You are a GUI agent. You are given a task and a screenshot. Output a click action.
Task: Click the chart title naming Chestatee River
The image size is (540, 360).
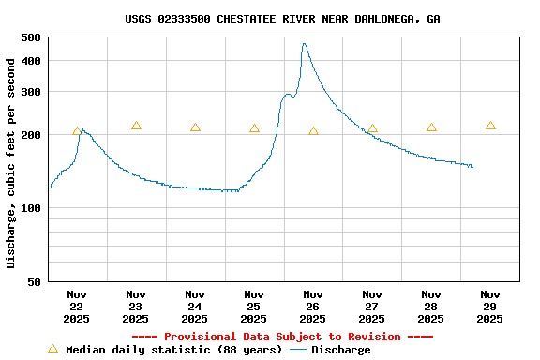pyautogui.click(x=282, y=19)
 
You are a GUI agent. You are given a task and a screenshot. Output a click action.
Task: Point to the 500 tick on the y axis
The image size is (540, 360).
pyautogui.click(x=30, y=37)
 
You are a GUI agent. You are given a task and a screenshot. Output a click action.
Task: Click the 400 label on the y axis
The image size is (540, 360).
pyautogui.click(x=30, y=61)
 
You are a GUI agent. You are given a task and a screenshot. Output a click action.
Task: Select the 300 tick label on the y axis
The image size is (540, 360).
pyautogui.click(x=30, y=92)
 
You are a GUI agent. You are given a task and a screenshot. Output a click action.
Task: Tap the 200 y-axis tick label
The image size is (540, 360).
pyautogui.click(x=30, y=135)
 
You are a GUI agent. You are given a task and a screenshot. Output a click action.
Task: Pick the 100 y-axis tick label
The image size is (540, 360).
pyautogui.click(x=30, y=208)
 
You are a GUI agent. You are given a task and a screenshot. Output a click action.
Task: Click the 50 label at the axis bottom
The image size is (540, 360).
pyautogui.click(x=34, y=281)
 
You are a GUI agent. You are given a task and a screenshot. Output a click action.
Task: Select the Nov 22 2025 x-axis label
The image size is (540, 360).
pyautogui.click(x=77, y=307)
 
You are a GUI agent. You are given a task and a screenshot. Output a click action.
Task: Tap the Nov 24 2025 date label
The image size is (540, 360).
pyautogui.click(x=195, y=307)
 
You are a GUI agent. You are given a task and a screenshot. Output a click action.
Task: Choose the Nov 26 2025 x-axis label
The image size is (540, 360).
pyautogui.click(x=313, y=307)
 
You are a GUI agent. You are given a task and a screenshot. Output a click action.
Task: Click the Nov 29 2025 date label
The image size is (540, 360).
pyautogui.click(x=490, y=307)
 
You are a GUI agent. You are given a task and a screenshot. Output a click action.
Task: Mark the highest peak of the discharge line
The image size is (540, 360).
pyautogui.click(x=304, y=43)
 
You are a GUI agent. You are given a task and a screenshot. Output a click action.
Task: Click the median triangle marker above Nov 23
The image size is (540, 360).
pyautogui.click(x=136, y=126)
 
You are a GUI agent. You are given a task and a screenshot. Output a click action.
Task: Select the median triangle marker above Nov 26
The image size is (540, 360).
pyautogui.click(x=313, y=131)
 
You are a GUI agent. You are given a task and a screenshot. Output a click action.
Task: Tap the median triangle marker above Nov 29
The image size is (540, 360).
pyautogui.click(x=490, y=126)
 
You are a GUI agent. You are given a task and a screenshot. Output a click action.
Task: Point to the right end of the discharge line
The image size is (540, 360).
pyautogui.click(x=472, y=167)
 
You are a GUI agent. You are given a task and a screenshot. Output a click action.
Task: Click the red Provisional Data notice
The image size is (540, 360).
pyautogui.click(x=282, y=337)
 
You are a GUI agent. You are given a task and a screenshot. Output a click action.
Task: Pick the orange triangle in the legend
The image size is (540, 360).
pyautogui.click(x=52, y=349)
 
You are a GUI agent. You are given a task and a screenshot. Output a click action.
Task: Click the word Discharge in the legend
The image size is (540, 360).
pyautogui.click(x=340, y=350)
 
